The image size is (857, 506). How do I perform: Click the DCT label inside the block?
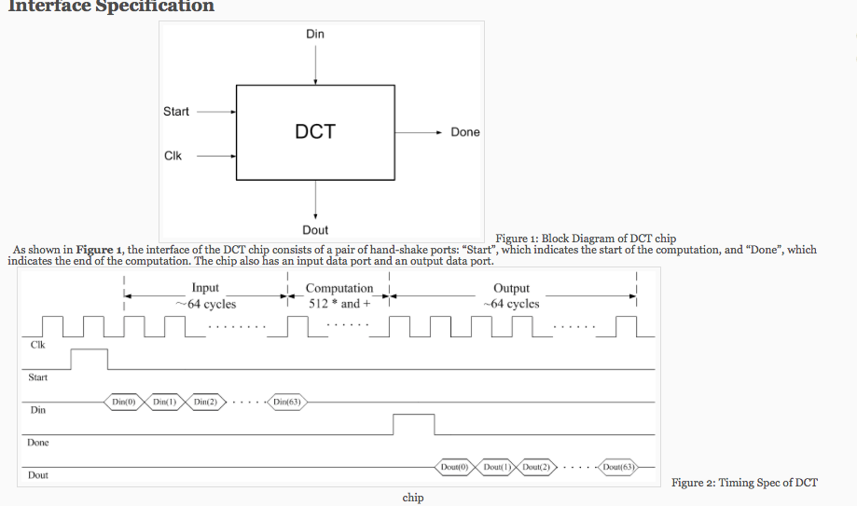[315, 132]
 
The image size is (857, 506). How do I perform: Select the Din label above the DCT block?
[315, 34]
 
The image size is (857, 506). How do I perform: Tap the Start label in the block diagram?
[175, 112]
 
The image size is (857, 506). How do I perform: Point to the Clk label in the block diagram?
[173, 156]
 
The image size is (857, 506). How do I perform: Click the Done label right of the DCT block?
[464, 132]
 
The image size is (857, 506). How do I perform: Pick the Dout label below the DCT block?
[315, 229]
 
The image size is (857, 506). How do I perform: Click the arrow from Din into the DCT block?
[316, 65]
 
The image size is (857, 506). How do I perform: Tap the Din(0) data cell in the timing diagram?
[124, 402]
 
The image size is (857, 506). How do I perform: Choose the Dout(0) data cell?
[454, 466]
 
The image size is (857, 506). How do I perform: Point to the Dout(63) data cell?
[617, 466]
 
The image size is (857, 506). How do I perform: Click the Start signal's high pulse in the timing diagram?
[90, 359]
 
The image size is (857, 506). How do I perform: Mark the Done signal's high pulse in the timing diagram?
[413, 424]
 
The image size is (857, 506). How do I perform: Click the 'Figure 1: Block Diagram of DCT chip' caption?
[586, 239]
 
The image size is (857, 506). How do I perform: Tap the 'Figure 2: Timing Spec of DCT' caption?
[744, 482]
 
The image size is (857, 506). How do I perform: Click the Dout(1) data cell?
[496, 466]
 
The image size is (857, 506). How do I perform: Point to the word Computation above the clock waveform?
[339, 289]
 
